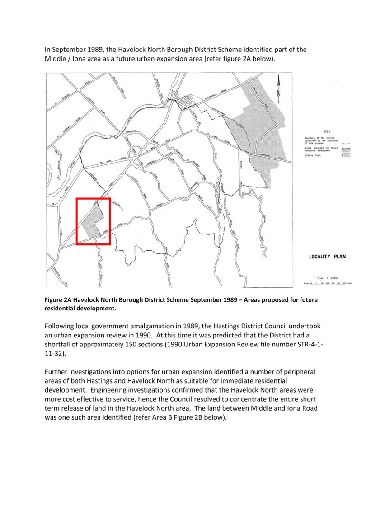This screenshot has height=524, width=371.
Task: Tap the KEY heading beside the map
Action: (328, 131)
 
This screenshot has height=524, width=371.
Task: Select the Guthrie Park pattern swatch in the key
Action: (346, 155)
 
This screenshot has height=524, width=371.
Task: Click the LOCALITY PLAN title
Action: (327, 257)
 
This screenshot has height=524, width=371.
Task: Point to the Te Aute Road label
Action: (105, 161)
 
